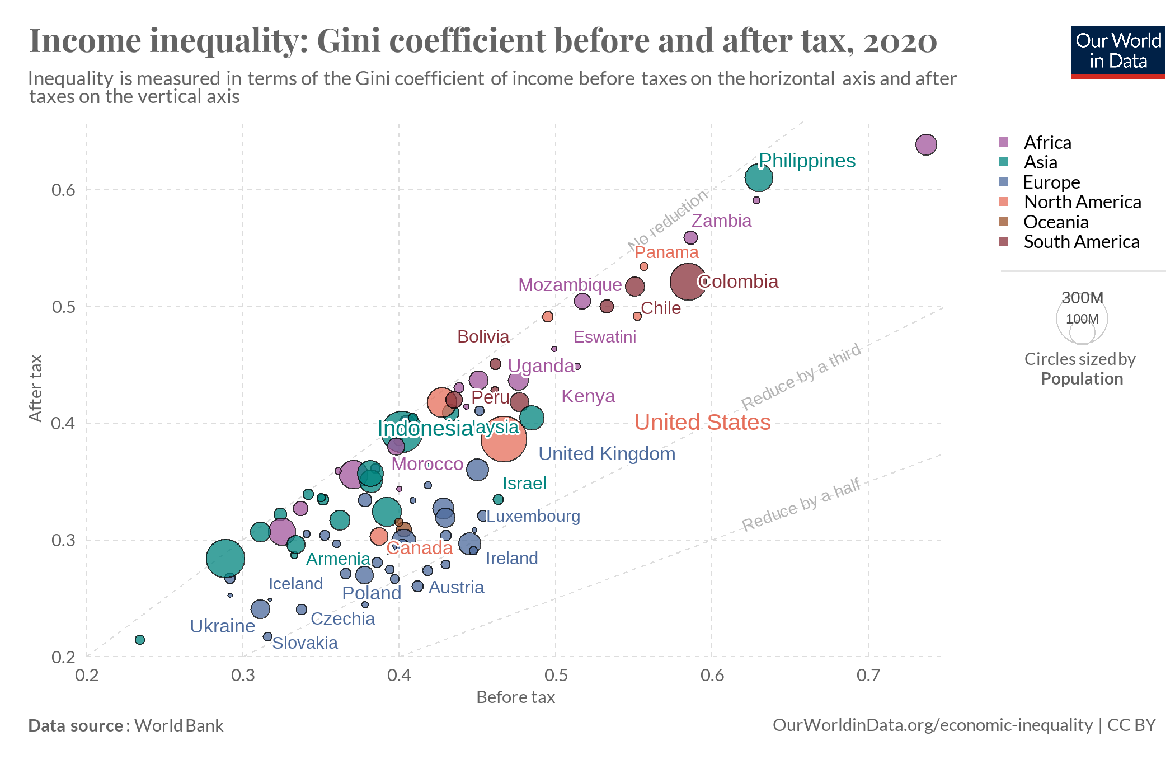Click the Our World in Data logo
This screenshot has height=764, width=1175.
[x=1117, y=51]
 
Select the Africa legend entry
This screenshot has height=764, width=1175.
[x=1047, y=143]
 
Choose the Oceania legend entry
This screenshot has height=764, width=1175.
[x=1055, y=222]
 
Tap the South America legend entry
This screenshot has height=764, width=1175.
[x=1081, y=242]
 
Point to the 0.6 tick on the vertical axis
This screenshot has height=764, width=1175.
[x=63, y=190]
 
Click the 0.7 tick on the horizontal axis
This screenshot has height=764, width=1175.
[x=868, y=675]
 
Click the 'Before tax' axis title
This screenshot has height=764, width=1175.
[x=515, y=697]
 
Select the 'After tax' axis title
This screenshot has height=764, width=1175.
[x=36, y=388]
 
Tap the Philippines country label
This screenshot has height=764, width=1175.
[x=807, y=161]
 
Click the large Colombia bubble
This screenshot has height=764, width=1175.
[x=688, y=282]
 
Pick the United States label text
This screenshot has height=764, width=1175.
[x=702, y=422]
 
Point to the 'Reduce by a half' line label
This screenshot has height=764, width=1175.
[x=801, y=505]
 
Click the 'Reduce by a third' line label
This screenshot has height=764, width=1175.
[x=801, y=377]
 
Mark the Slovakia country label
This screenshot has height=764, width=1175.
[x=305, y=643]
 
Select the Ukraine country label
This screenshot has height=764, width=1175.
[x=222, y=626]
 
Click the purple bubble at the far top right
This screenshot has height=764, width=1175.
[x=926, y=144]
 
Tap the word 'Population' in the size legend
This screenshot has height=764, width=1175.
[x=1082, y=379]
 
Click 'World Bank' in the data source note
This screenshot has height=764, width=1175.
[x=178, y=726]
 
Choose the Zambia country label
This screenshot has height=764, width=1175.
[x=721, y=221]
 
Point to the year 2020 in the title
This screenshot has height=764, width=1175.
[x=900, y=41]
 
